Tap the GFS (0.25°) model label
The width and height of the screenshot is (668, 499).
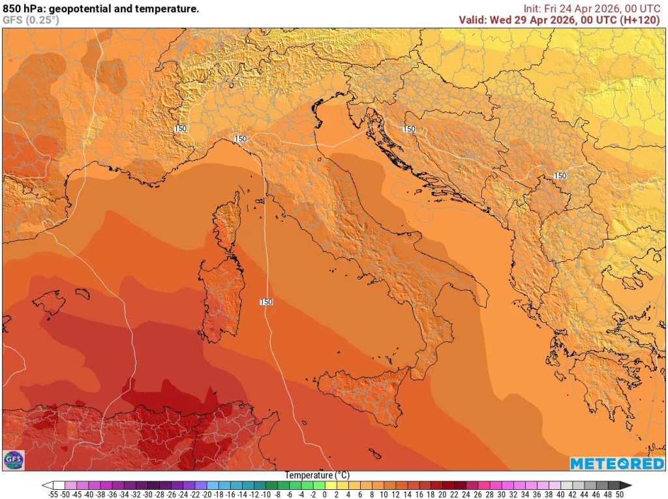pyautogui.click(x=31, y=20)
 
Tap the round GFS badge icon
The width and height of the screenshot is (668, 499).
pyautogui.click(x=13, y=460)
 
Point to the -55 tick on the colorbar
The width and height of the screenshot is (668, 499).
pyautogui.click(x=53, y=494)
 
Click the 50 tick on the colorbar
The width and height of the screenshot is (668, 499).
pyautogui.click(x=619, y=494)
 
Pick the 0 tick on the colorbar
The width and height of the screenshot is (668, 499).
pyautogui.click(x=324, y=494)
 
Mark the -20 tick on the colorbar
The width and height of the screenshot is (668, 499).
pyautogui.click(x=207, y=494)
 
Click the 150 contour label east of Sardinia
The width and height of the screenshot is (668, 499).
pyautogui.click(x=266, y=302)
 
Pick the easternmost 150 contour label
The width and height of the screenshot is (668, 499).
pyautogui.click(x=560, y=176)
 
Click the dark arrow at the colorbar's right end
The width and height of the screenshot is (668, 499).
pyautogui.click(x=626, y=485)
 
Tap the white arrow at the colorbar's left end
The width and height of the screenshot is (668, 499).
pyautogui.click(x=47, y=485)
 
